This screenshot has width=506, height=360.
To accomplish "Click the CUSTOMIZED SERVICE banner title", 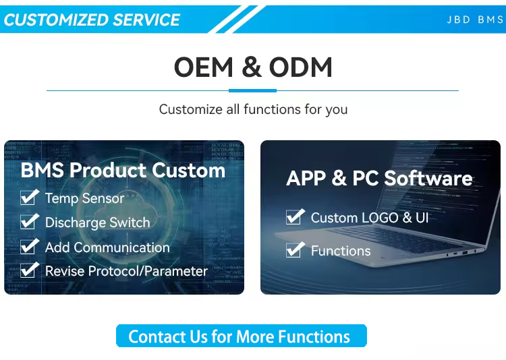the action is coord(92,20).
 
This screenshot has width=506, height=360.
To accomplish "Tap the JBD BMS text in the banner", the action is coord(475,20).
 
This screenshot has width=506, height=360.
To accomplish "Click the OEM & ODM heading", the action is coord(253,67).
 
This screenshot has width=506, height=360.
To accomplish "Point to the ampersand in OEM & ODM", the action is coord(252,67).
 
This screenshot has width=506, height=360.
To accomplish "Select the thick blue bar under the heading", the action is coord(253,90).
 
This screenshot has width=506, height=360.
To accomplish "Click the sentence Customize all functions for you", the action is coord(253,109).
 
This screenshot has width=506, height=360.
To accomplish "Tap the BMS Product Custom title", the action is coord(123,170).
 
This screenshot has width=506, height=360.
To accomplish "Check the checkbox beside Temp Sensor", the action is coord(29,197).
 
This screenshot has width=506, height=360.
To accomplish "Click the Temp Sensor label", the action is coord(84,198).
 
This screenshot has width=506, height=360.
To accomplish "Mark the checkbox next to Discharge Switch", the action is coord(29,221).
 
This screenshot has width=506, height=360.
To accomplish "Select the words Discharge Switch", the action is coord(97,222).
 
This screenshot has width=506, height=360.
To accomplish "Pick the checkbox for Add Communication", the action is coord(29,246).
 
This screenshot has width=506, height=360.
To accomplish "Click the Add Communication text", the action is coord(107,247).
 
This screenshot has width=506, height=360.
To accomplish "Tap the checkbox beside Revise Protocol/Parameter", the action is coord(29,270).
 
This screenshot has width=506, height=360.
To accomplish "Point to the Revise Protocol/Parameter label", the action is coord(126,271).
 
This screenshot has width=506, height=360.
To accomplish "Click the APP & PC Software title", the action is coord(379,178).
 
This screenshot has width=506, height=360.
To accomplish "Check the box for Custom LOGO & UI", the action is coord(295,216).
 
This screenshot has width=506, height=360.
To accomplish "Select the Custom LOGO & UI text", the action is coord(370,218).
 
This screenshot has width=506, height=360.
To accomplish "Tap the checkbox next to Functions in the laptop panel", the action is coord(295,249).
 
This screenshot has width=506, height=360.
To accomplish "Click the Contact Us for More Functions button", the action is coord(242,336).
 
